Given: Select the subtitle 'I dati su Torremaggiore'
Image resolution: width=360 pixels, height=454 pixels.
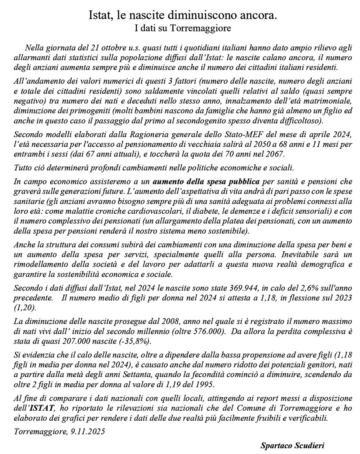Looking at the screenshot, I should [x=180, y=29].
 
